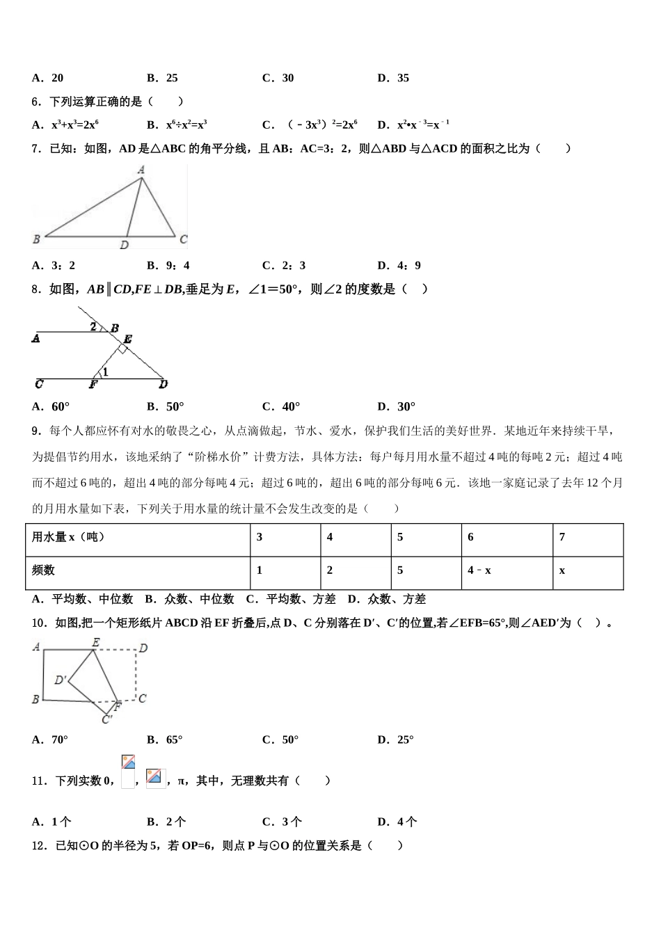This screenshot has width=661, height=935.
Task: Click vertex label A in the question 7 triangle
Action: tap(141, 170)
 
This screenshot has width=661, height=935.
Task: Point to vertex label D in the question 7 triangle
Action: tap(124, 245)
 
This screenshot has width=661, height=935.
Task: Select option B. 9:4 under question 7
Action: tap(168, 265)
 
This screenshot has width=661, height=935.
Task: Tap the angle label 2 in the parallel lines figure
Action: tap(93, 326)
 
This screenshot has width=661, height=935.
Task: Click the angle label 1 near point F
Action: tap(105, 372)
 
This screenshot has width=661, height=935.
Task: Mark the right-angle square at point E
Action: tap(122, 349)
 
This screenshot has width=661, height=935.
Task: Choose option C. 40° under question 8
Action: tap(281, 406)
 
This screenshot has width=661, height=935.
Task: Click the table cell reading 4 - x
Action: tap(479, 570)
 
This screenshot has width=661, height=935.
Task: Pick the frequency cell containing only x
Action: tap(562, 570)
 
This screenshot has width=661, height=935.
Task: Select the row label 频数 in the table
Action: tap(43, 570)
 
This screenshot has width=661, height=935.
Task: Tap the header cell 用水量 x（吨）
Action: tap(68, 537)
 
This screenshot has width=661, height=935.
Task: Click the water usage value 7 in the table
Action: tap(562, 537)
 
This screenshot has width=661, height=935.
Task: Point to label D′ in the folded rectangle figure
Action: tap(61, 680)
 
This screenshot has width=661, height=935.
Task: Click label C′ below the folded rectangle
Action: tap(107, 719)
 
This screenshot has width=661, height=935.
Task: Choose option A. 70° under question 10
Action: tap(51, 740)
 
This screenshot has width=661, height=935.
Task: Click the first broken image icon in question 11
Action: tap(128, 762)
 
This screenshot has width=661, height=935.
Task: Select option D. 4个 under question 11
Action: tap(397, 822)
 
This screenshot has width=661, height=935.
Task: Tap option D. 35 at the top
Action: tap(394, 78)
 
